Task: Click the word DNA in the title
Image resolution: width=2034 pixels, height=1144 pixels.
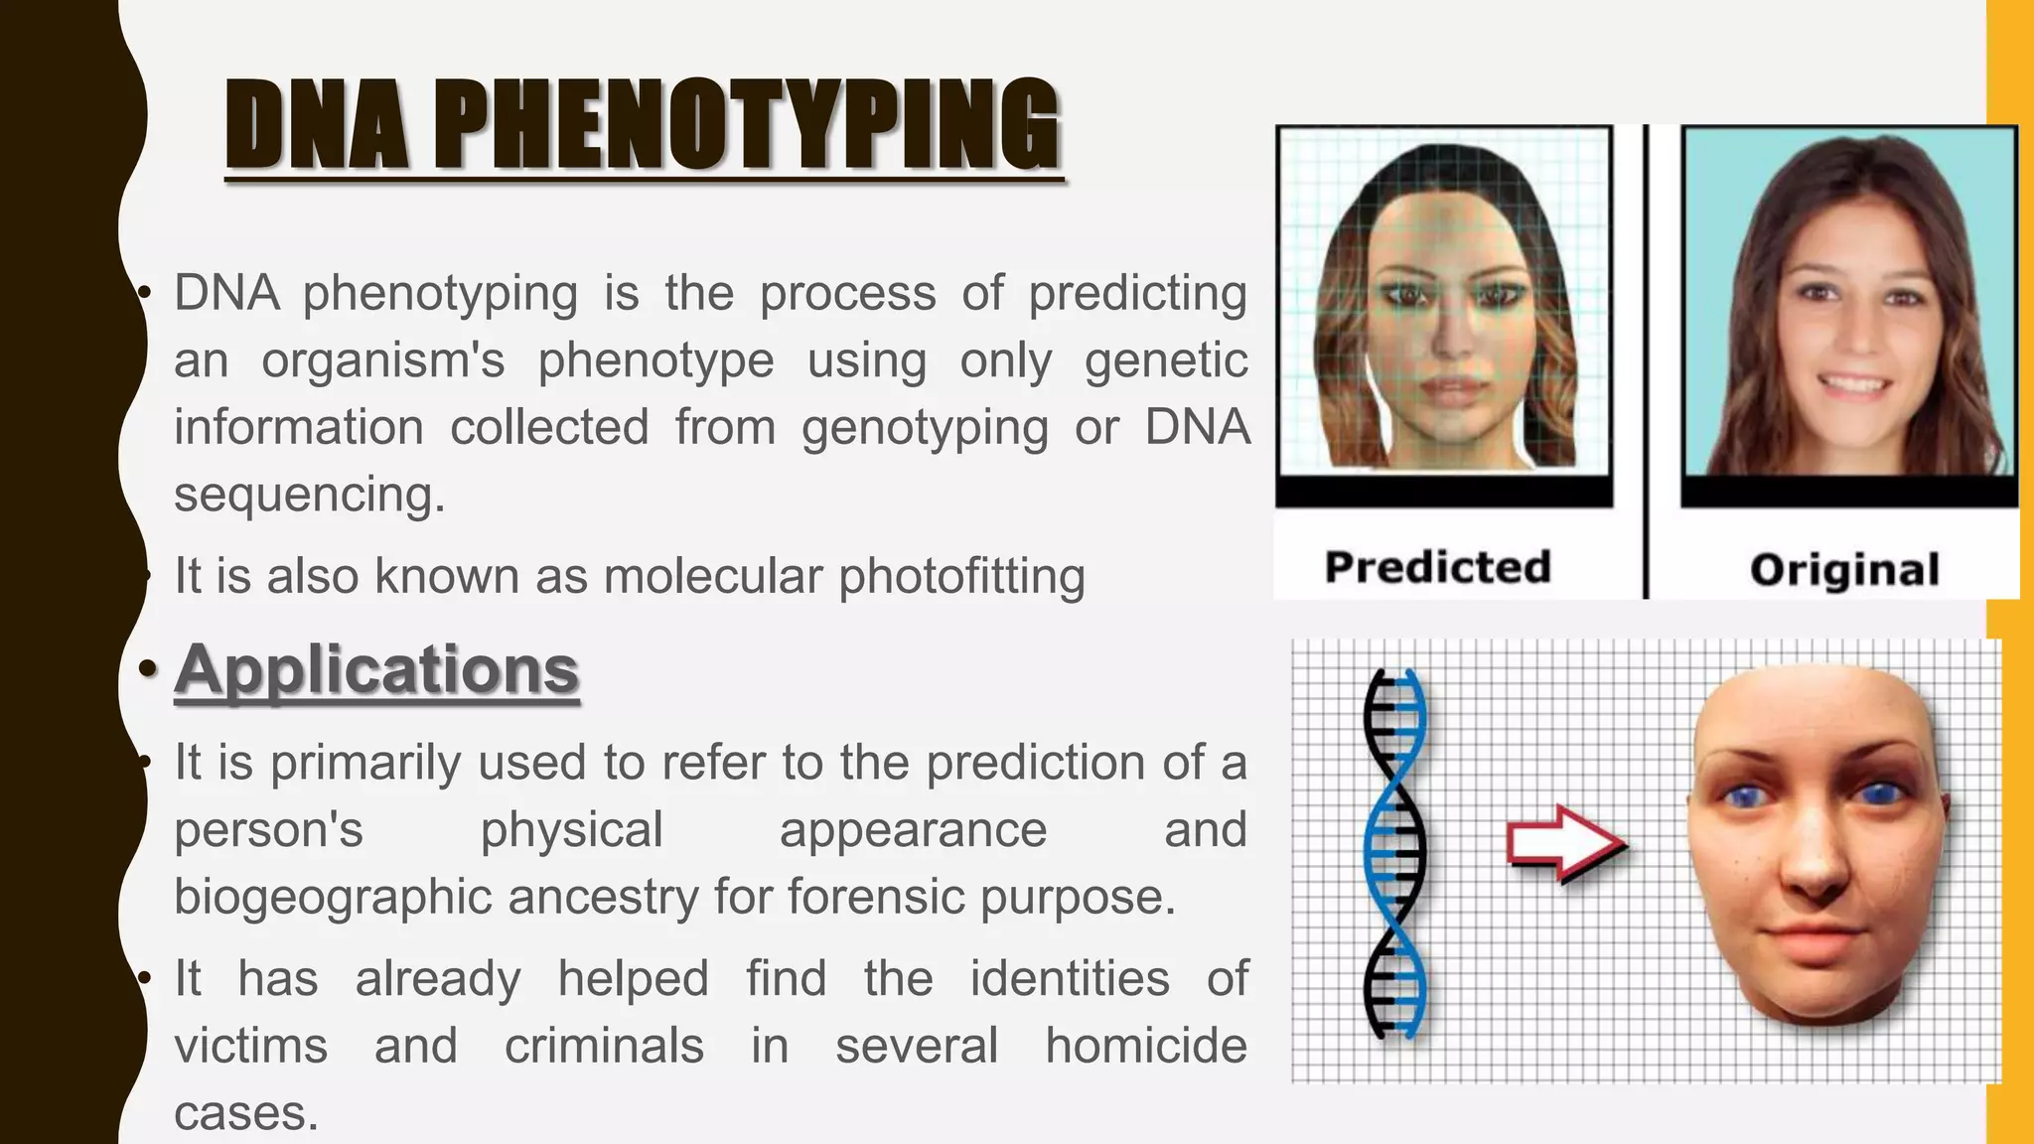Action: pos(316,125)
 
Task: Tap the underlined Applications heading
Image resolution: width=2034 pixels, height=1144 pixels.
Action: pos(376,670)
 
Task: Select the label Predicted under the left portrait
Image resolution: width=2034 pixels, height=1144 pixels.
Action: pos(1437,567)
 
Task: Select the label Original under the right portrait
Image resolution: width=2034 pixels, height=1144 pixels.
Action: pos(1844,570)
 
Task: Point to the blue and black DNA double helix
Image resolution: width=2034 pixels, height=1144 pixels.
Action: pos(1394,854)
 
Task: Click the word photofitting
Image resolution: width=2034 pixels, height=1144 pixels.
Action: pos(961,577)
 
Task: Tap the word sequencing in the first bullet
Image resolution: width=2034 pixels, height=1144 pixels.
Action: pos(309,495)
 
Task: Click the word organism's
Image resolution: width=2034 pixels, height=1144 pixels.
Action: pos(383,360)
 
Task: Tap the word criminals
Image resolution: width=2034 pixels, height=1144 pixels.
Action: pos(604,1046)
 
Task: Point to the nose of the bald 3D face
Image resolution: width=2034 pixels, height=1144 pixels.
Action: pos(1816,864)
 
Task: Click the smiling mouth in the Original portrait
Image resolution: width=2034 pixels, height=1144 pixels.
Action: pos(1854,384)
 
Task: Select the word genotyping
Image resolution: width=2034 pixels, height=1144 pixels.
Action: pos(925,428)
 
